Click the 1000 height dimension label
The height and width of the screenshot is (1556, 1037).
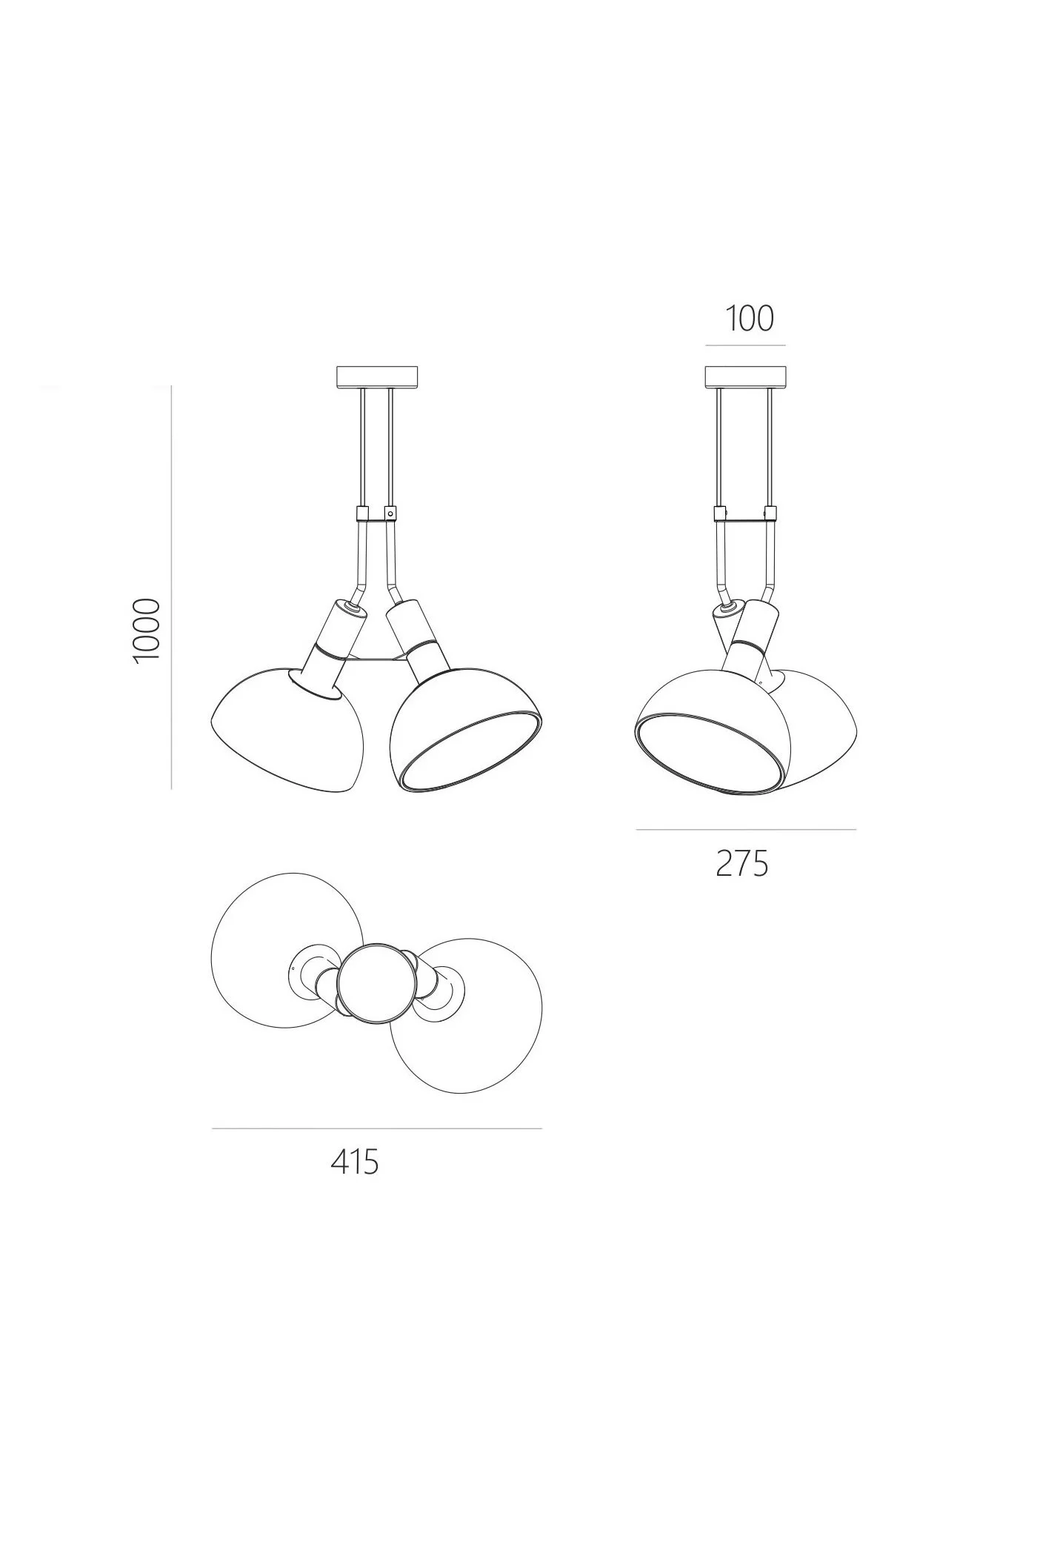[145, 631]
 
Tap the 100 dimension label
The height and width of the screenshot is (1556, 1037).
[749, 319]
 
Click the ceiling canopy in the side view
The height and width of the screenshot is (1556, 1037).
[745, 377]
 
